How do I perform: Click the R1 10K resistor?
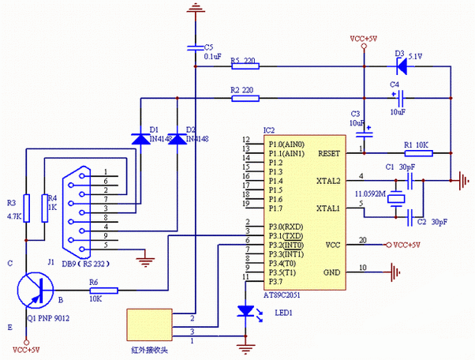417,152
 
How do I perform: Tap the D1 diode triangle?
141,139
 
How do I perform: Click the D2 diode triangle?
177,139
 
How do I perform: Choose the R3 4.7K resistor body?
25,208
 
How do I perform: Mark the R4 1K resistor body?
44,208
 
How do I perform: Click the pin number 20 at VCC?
362,240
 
